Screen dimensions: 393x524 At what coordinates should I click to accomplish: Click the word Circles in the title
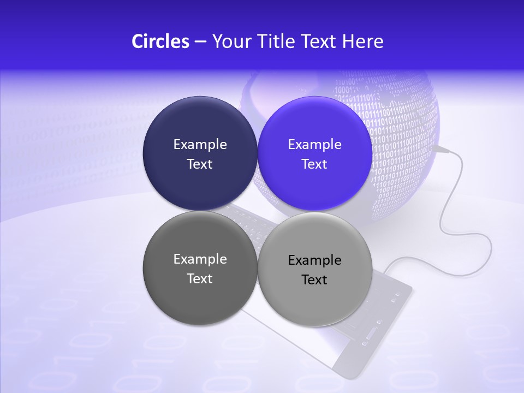[160, 41]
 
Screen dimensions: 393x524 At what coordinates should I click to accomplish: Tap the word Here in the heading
[362, 41]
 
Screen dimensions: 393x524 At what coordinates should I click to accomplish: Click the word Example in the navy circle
[200, 145]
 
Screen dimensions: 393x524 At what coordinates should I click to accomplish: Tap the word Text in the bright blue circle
[314, 164]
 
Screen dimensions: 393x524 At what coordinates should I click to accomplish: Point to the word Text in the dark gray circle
[200, 279]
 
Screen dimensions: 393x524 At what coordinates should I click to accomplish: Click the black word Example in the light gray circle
[315, 260]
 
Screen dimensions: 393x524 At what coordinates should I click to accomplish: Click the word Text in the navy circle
[200, 164]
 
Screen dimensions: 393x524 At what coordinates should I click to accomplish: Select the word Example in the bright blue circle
[314, 145]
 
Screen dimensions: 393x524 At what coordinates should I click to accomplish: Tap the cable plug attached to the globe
[441, 148]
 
